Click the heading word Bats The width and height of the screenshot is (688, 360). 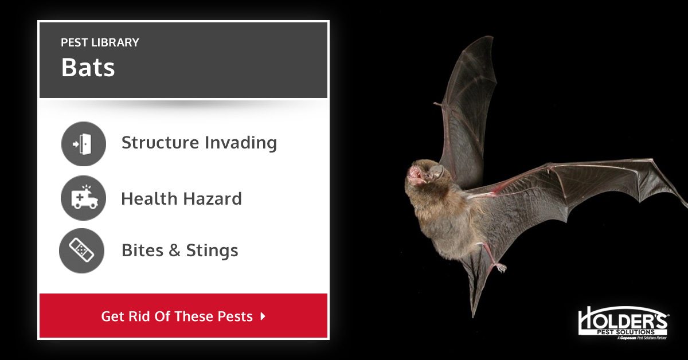pos(88,68)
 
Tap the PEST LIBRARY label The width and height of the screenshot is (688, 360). pos(100,42)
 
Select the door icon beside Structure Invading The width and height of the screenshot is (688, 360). pos(83,143)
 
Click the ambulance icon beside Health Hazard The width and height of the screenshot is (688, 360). pos(83,198)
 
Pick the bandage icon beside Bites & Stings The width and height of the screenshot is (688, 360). pos(82,251)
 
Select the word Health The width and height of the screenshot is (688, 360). pos(149,199)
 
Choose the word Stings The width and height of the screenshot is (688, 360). pos(212,251)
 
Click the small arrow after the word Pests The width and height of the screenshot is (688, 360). pos(263,316)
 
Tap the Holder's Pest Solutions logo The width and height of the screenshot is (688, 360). pos(623,324)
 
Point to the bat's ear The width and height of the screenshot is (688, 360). pos(436,171)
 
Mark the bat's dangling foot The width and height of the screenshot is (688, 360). pos(501,267)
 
